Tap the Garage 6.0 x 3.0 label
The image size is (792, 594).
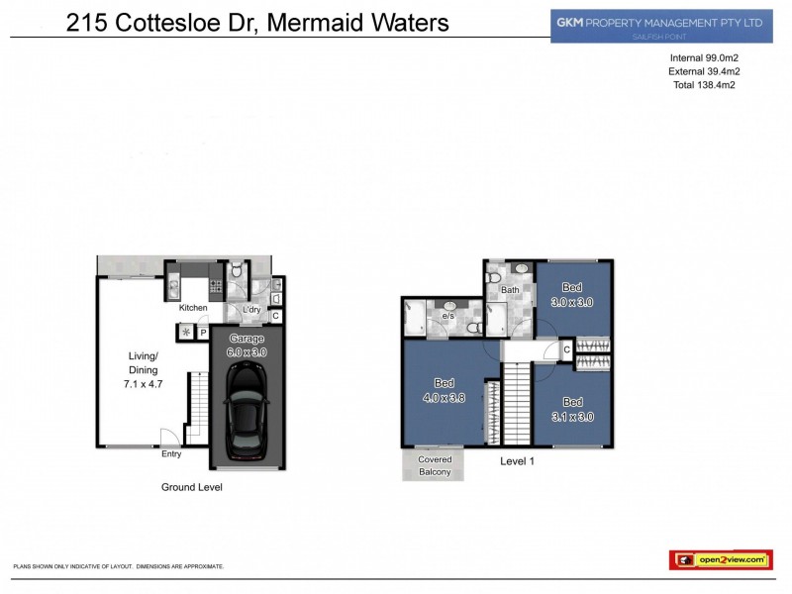click(247, 345)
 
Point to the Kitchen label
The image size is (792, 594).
click(193, 308)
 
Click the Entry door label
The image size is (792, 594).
click(172, 454)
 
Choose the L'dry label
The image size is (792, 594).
click(252, 309)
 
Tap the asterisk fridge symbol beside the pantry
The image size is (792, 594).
click(184, 331)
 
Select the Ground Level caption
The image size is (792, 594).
click(192, 487)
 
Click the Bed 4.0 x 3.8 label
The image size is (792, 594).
click(444, 390)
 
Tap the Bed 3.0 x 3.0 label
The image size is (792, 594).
click(572, 295)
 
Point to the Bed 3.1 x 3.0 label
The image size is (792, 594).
click(572, 410)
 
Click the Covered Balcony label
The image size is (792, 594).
click(435, 465)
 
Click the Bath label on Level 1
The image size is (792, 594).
click(510, 290)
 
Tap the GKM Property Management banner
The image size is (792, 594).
click(661, 25)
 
